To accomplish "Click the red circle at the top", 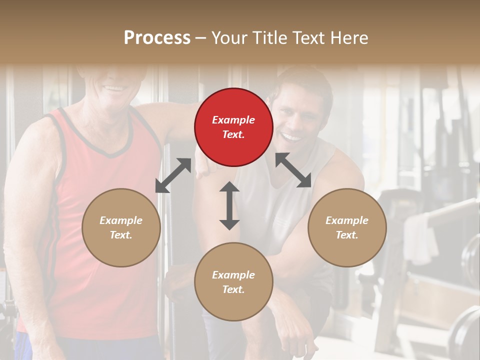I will pyautogui.click(x=233, y=127).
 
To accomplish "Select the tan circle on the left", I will pyautogui.click(x=121, y=227).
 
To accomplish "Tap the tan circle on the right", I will pyautogui.click(x=347, y=227).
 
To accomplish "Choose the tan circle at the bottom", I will pyautogui.click(x=233, y=282).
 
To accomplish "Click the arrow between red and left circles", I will pyautogui.click(x=173, y=175).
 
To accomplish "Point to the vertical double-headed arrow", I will pyautogui.click(x=229, y=205).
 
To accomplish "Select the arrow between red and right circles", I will pyautogui.click(x=293, y=170).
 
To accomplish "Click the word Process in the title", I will pyautogui.click(x=157, y=37).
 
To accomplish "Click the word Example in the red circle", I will pyautogui.click(x=233, y=120).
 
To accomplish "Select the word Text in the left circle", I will pyautogui.click(x=121, y=235).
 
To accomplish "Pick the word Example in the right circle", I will pyautogui.click(x=347, y=220).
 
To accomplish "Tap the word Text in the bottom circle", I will pyautogui.click(x=233, y=289).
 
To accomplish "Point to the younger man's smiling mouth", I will pyautogui.click(x=292, y=136).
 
